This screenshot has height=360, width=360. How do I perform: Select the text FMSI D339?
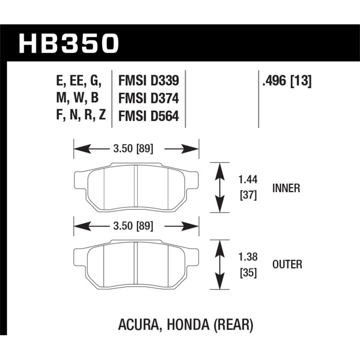click(148, 81)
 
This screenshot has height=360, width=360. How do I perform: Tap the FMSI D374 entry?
click(148, 99)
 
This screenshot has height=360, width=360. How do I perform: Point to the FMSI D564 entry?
click(148, 117)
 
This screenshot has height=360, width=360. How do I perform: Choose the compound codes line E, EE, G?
click(79, 81)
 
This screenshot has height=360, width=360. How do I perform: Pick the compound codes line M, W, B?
click(79, 99)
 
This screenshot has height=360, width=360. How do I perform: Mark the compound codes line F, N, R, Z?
click(79, 117)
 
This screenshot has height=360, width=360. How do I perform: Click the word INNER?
click(286, 188)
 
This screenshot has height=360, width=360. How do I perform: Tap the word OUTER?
click(287, 264)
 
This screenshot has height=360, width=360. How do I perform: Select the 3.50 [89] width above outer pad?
click(136, 226)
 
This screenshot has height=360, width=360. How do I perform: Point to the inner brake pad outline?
click(136, 187)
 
